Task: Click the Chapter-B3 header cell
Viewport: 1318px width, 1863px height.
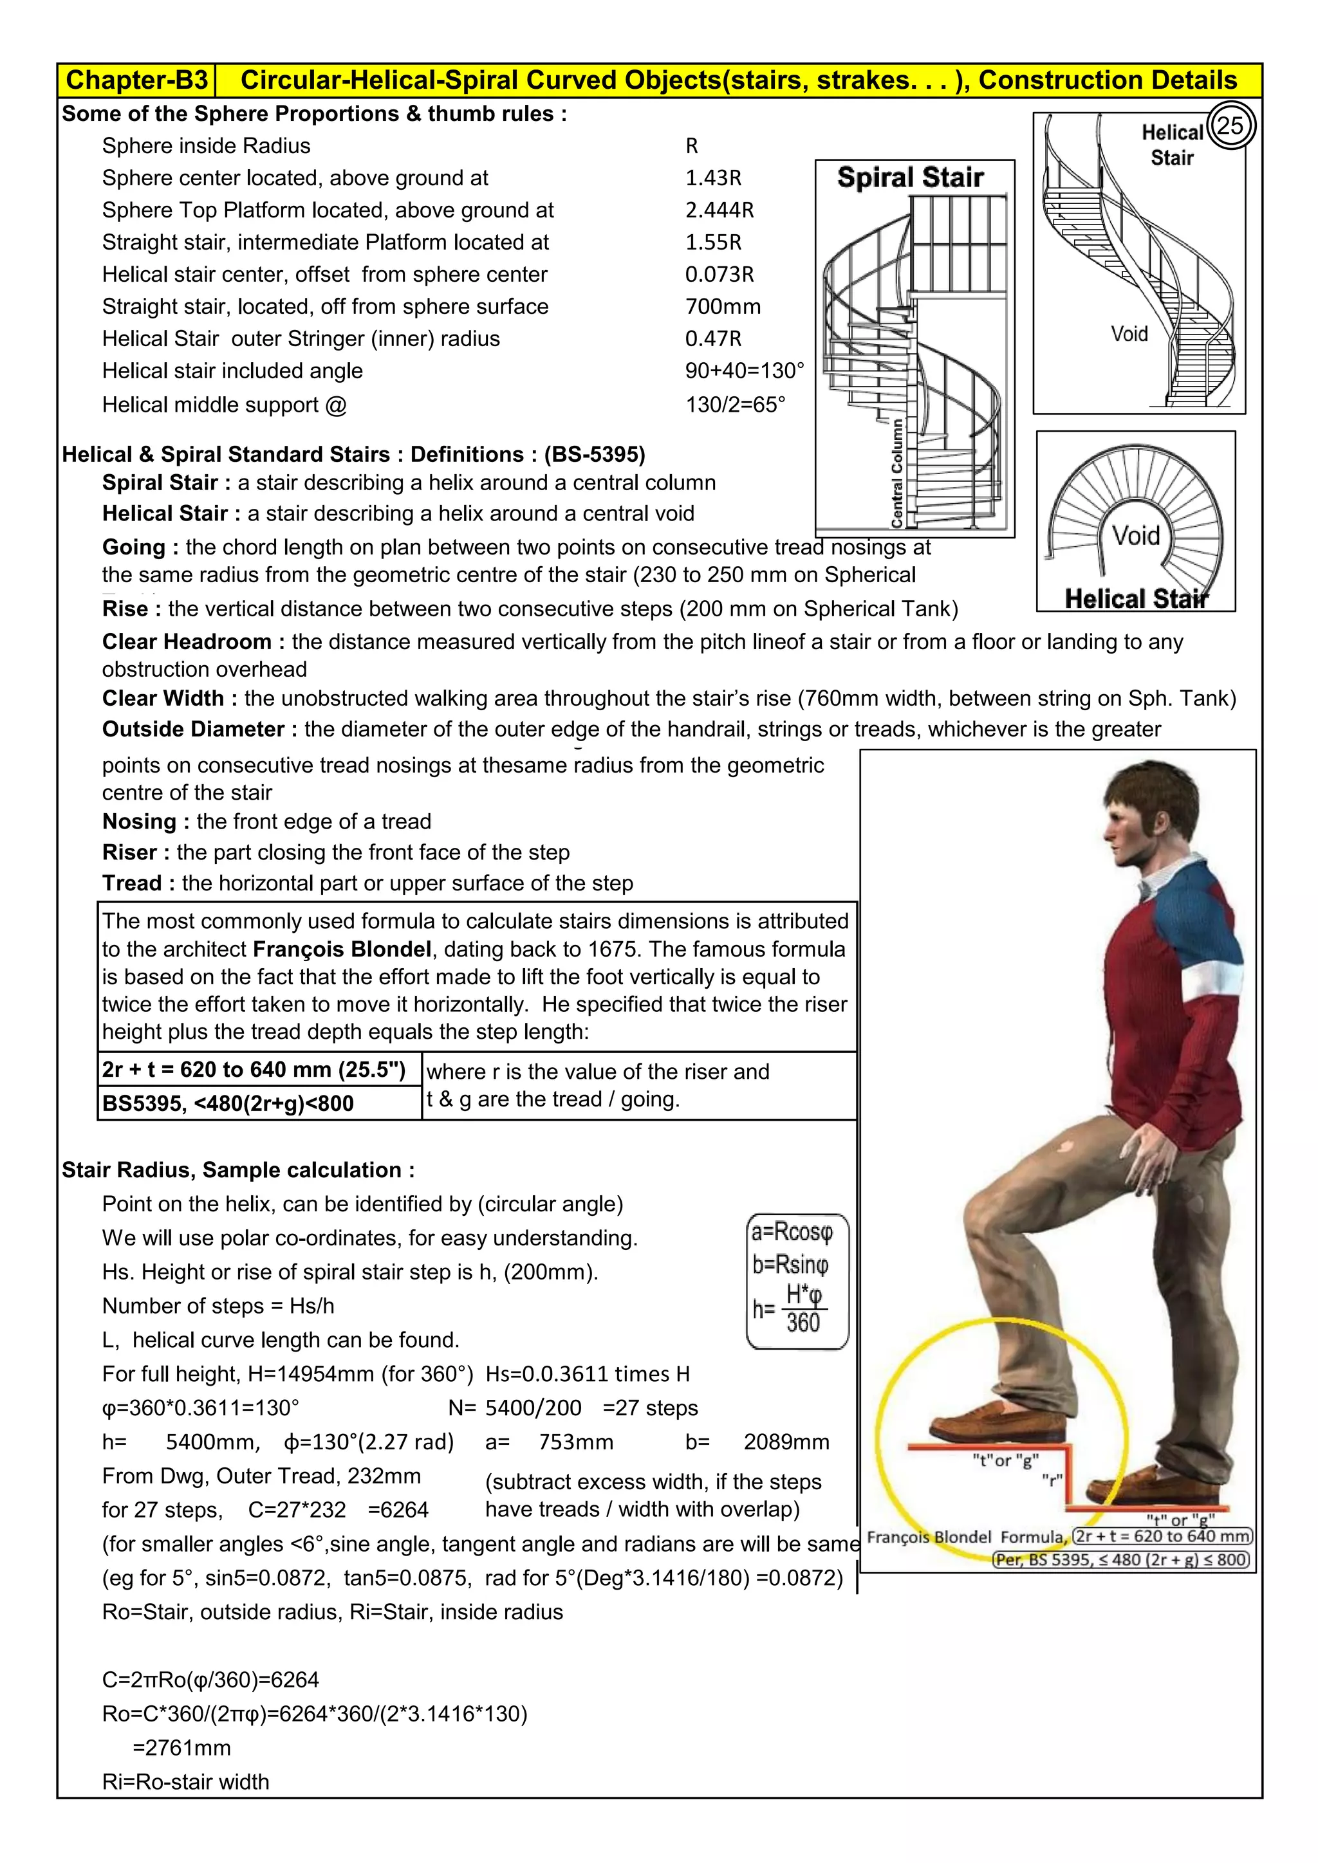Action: pos(136,80)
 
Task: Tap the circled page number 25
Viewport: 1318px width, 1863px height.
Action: pos(1230,126)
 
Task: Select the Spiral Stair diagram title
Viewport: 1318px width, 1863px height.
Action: pos(910,178)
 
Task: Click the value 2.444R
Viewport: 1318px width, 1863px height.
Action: pos(719,210)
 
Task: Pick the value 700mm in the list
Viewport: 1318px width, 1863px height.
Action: pos(722,307)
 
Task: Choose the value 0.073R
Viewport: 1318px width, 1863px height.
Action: pos(719,274)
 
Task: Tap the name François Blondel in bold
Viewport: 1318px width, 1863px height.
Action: pos(342,950)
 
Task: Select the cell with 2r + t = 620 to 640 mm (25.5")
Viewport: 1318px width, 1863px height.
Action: pos(254,1069)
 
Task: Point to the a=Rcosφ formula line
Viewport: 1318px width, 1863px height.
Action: pos(792,1233)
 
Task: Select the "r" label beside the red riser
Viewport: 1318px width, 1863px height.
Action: pos(1052,1478)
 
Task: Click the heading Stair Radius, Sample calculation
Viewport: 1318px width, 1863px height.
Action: pos(237,1170)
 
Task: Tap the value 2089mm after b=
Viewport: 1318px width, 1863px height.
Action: pos(786,1442)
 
